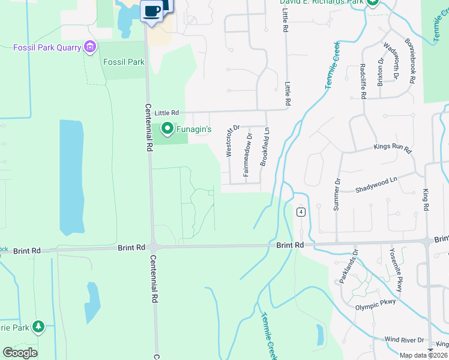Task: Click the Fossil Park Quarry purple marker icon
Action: [x=91, y=47]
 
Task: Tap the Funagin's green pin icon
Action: [x=167, y=128]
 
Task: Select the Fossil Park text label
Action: [x=124, y=62]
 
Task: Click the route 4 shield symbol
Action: [x=301, y=212]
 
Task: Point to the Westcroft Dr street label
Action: [x=229, y=141]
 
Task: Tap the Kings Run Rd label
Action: [x=392, y=148]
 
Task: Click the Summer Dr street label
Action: [x=337, y=194]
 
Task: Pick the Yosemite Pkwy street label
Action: [x=396, y=270]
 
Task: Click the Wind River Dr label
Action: [x=404, y=340]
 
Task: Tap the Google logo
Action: [x=20, y=353]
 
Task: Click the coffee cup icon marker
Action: [x=152, y=10]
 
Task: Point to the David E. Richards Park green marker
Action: [x=372, y=2]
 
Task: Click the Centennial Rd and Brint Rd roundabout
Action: [x=154, y=246]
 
